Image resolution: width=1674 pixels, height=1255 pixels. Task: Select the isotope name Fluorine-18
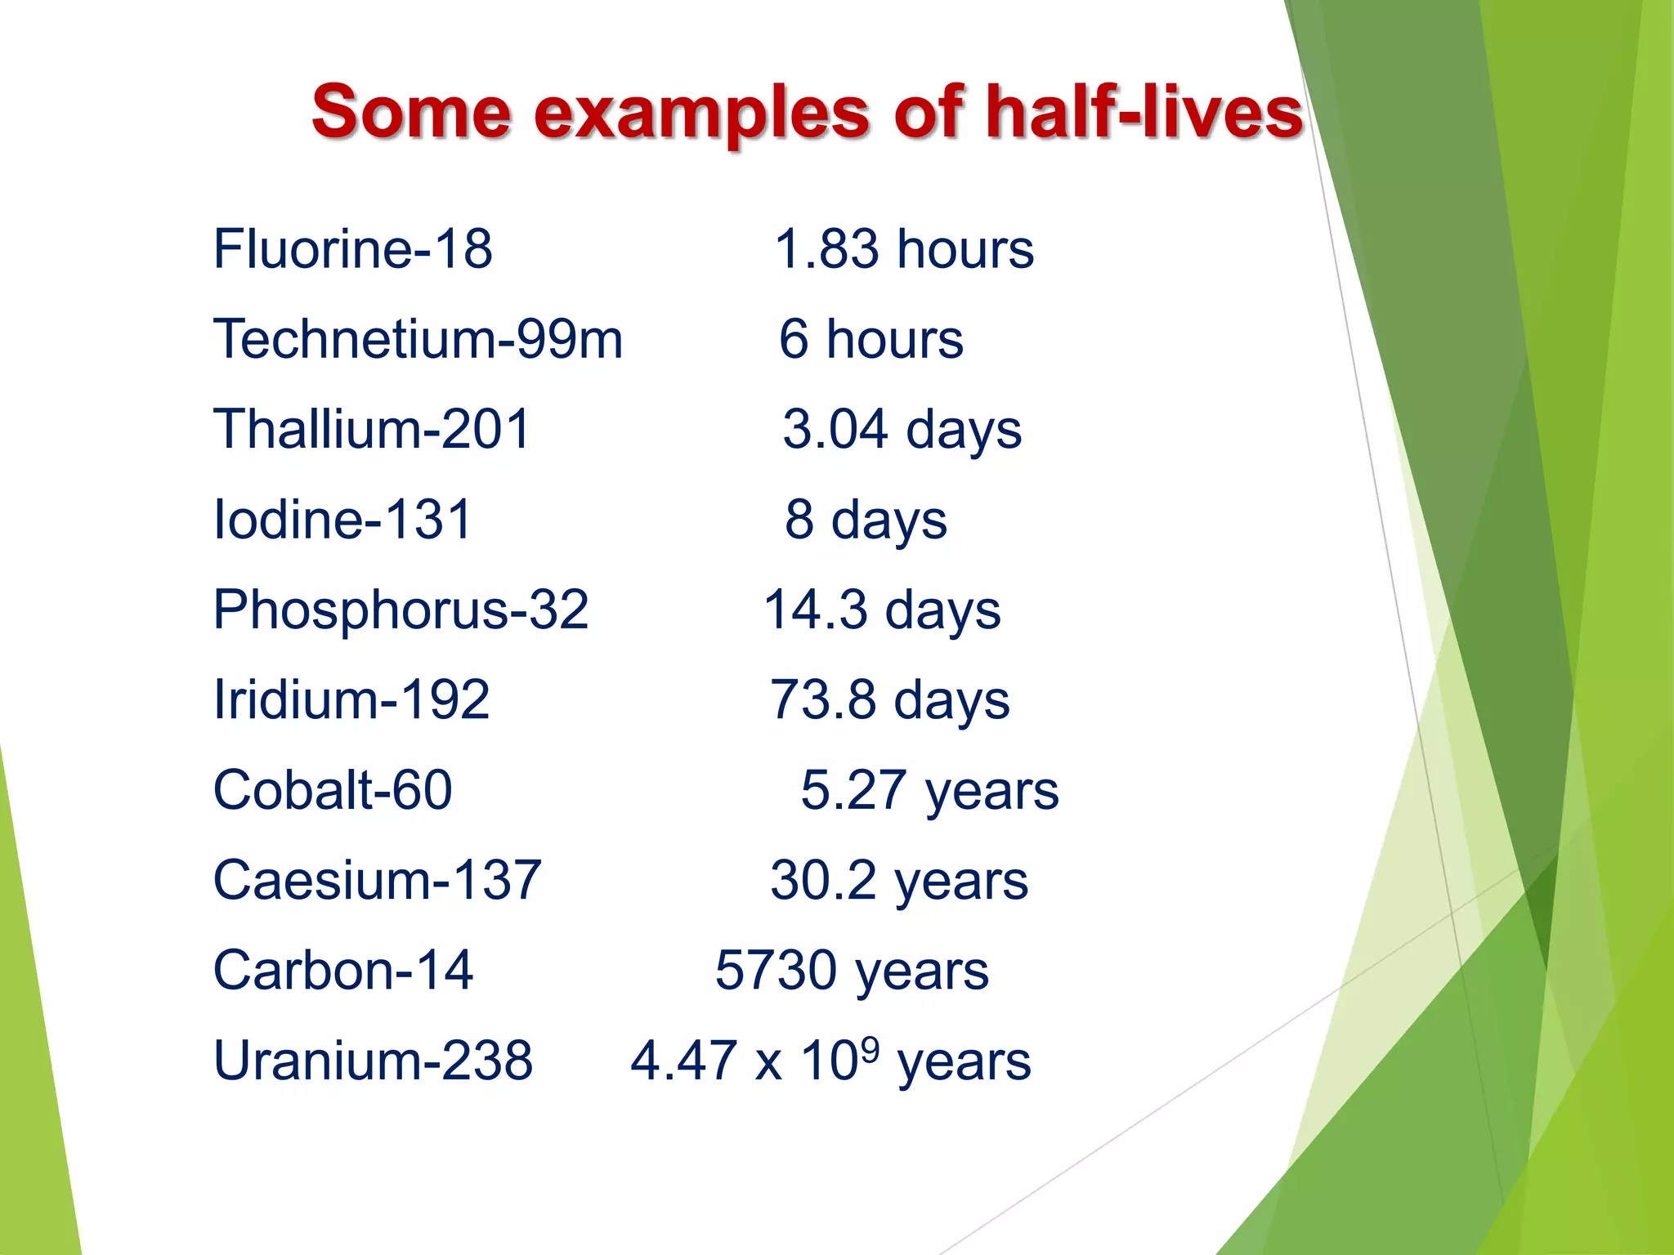(352, 248)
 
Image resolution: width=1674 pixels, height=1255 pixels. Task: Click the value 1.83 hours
(904, 248)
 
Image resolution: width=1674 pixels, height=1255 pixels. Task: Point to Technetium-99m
(418, 338)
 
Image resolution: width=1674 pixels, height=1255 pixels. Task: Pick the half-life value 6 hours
(871, 338)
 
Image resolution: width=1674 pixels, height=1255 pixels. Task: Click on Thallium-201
(372, 429)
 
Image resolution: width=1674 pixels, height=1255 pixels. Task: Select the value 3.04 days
(902, 429)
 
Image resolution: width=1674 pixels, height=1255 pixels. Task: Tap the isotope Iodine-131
(342, 519)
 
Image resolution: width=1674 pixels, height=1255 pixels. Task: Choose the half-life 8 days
(866, 520)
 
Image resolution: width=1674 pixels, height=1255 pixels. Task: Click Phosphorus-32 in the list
(401, 610)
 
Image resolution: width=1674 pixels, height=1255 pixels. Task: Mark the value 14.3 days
(882, 610)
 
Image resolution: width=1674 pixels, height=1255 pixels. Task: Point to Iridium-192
(351, 699)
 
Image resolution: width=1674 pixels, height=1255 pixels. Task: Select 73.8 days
(890, 700)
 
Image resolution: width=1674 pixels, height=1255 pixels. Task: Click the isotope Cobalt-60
(333, 790)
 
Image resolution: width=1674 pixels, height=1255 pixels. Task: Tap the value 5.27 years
(929, 790)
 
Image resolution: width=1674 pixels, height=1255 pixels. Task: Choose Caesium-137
(377, 880)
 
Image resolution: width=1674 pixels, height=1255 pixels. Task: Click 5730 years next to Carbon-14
(852, 971)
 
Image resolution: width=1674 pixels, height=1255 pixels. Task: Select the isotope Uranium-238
(373, 1061)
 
